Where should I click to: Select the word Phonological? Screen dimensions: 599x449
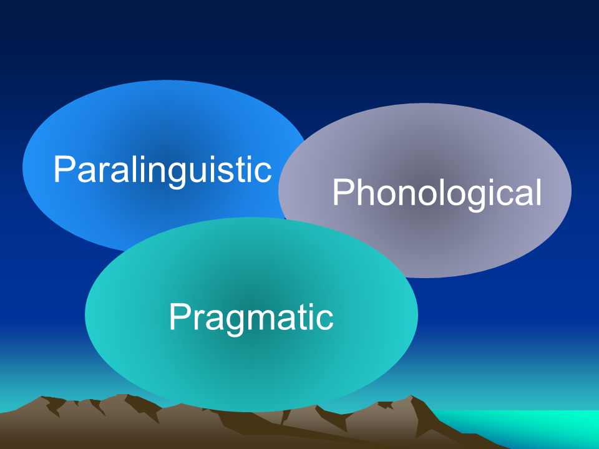pyautogui.click(x=437, y=193)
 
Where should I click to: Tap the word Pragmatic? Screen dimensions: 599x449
pyautogui.click(x=251, y=319)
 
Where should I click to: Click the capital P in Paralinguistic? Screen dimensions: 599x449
pyautogui.click(x=64, y=169)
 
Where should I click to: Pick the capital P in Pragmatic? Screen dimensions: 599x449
pyautogui.click(x=180, y=316)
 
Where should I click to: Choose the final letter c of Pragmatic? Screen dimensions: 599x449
pyautogui.click(x=325, y=320)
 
